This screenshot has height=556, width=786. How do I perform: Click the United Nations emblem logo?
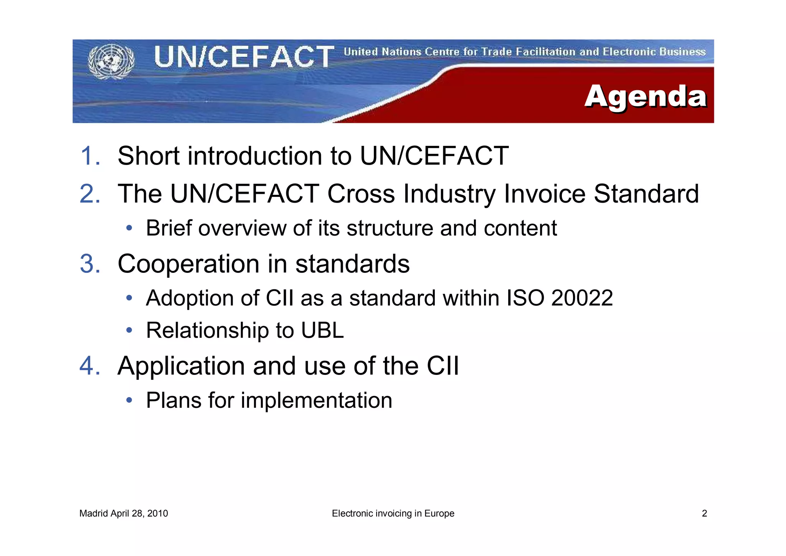111,61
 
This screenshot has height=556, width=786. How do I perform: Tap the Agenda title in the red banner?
645,96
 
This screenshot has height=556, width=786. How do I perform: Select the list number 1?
90,156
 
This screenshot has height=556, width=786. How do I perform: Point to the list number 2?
90,193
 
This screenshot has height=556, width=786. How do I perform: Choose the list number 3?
90,264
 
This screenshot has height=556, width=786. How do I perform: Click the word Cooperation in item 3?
188,264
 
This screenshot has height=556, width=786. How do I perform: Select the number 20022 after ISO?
582,298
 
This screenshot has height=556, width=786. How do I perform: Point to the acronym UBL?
322,330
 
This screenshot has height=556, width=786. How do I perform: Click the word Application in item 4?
181,366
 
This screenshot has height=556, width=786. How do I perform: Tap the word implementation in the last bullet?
316,400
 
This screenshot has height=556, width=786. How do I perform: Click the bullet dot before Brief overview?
129,228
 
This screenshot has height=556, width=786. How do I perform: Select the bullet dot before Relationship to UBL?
129,330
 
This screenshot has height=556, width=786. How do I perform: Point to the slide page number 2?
704,513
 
